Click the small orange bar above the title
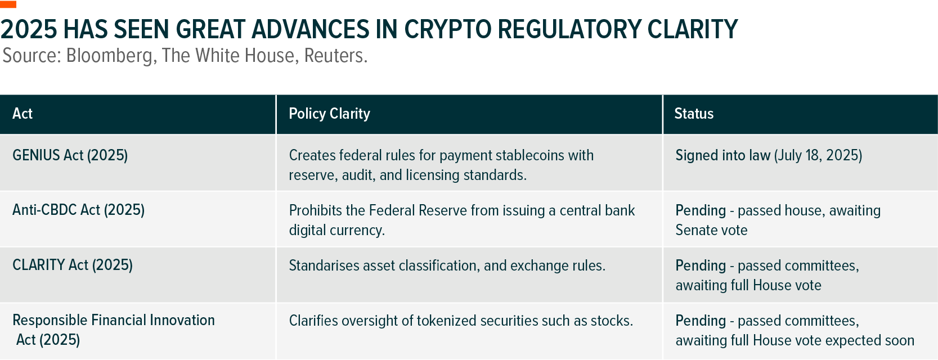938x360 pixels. coord(8,4)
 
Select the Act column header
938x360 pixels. coord(23,114)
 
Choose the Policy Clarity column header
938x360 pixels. coord(330,114)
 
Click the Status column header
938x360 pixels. coord(694,114)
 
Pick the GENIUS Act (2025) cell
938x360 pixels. coord(70,155)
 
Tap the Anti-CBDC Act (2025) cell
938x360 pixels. coord(78,210)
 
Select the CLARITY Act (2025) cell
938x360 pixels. coord(73,265)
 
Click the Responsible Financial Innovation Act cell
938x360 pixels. coord(114,330)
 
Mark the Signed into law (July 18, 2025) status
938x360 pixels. coord(769,155)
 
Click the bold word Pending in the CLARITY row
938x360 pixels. coord(701,265)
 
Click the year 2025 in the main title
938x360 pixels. coord(29,29)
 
